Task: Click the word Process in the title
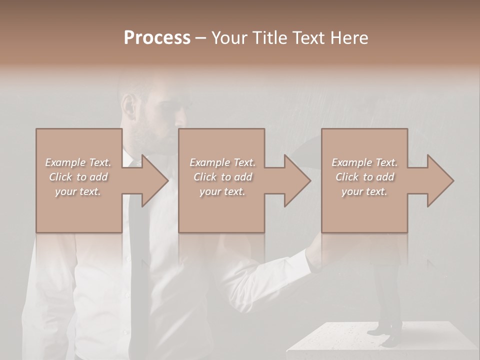pos(157,38)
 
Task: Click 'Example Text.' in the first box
pos(78,162)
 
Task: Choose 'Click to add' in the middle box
pos(222,177)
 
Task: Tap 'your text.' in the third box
pos(364,191)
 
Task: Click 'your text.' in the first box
pos(78,191)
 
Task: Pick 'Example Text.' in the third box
pos(364,162)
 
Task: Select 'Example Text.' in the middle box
pos(222,162)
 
